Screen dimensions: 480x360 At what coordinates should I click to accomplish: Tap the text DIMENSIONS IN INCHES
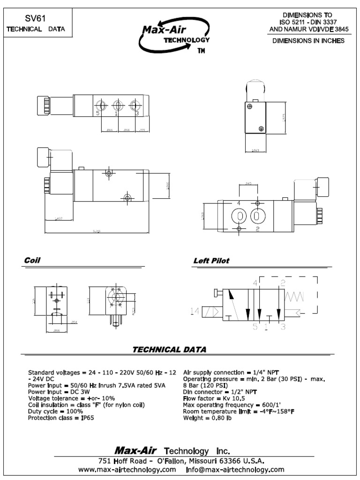tap(309, 41)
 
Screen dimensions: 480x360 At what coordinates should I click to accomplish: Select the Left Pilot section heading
tap(211, 261)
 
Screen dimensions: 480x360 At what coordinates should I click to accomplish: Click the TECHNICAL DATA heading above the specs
tap(169, 349)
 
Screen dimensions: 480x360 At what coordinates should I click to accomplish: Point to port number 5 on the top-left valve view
tap(97, 113)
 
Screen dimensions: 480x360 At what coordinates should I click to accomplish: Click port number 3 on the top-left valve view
tap(137, 113)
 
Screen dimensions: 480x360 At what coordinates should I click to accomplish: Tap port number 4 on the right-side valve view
tap(239, 202)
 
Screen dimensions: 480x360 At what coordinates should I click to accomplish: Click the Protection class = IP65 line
tap(61, 418)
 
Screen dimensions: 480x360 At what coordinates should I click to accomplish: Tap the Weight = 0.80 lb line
tap(207, 418)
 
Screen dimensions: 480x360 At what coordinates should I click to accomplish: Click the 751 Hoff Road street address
tap(183, 460)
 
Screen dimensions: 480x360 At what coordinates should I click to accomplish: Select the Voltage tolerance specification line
tap(71, 398)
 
